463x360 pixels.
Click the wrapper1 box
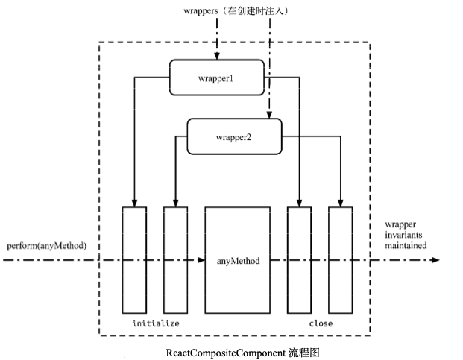point(216,78)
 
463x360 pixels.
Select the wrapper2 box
point(233,136)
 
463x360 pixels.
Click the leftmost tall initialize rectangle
point(134,259)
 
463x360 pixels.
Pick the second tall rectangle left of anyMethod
point(175,259)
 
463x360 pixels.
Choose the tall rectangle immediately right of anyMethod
point(299,259)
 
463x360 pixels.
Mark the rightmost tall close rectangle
point(340,259)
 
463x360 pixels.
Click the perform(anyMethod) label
point(47,246)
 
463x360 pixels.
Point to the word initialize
point(156,323)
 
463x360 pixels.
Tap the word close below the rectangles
point(321,323)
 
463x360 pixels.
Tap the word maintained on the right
point(406,244)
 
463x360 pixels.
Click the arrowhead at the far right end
point(435,260)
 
